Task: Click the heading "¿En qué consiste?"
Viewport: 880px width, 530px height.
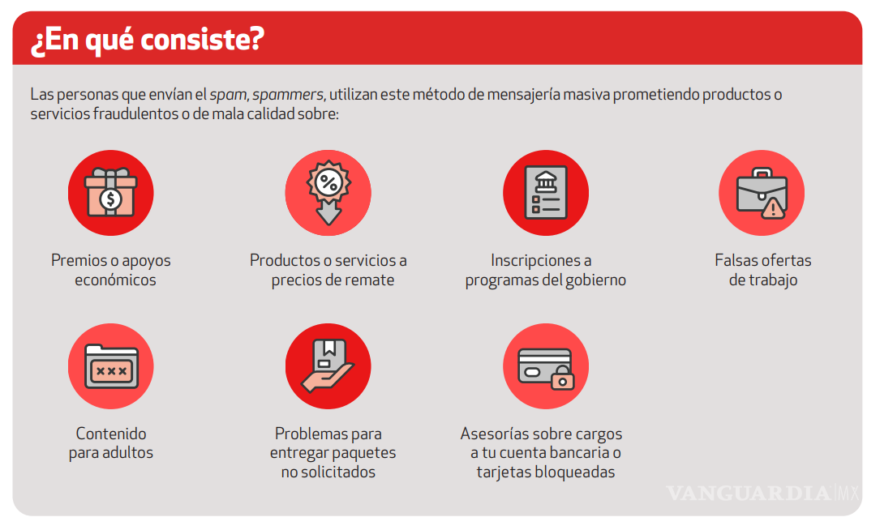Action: pos(147,40)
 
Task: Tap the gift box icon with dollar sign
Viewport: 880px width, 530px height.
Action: pos(111,192)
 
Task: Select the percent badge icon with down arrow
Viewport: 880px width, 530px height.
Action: pos(328,192)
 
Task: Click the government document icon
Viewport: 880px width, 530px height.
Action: pos(545,192)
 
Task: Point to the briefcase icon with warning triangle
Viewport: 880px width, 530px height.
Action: pos(761,193)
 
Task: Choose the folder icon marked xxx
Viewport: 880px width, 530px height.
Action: pos(111,366)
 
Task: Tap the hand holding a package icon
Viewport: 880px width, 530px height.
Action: pos(328,366)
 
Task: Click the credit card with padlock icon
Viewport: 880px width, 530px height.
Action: pos(545,366)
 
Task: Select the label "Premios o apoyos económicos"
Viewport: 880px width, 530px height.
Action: pos(111,270)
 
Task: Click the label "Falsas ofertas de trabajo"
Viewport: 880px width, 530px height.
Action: pos(762,270)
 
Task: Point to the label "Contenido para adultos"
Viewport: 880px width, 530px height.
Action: pos(111,443)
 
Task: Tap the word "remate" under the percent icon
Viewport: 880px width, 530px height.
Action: pos(367,280)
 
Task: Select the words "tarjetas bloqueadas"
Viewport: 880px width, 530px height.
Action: pos(545,472)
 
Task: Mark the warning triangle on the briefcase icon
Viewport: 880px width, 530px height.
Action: pos(773,209)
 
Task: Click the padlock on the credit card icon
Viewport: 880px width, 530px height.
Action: pos(562,377)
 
